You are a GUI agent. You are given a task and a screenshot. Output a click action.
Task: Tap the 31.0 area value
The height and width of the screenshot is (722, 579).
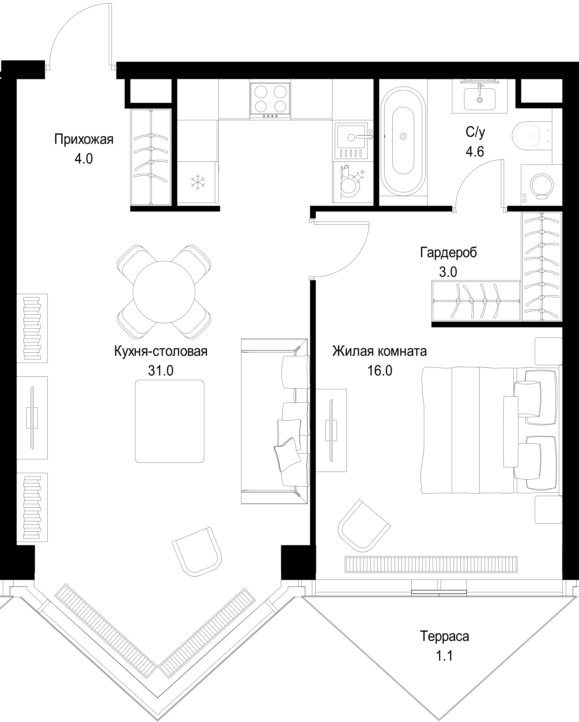[x=160, y=371]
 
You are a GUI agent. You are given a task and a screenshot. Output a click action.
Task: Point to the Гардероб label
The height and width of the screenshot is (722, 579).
[x=448, y=253]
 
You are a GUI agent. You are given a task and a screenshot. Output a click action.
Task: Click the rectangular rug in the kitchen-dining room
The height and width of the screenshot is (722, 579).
[x=170, y=421]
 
